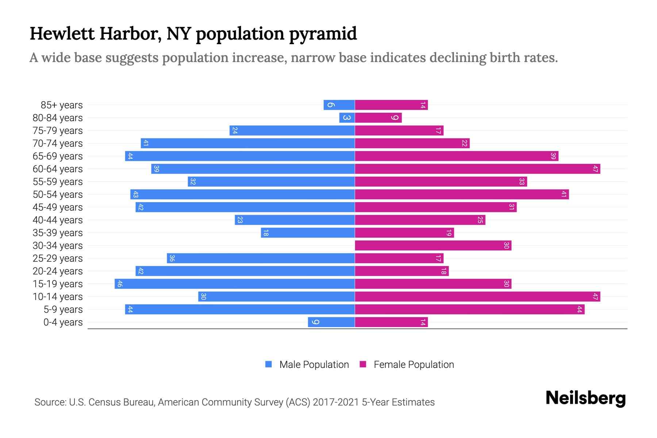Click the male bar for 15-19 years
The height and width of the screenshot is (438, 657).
click(x=235, y=284)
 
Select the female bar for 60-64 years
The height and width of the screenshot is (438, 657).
click(x=477, y=169)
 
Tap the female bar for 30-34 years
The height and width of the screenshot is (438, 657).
click(x=433, y=245)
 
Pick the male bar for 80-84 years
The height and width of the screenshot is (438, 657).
click(x=347, y=118)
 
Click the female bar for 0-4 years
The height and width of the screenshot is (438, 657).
click(x=391, y=322)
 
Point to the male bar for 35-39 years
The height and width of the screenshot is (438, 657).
click(x=308, y=233)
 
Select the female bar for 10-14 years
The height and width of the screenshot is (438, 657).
click(x=477, y=296)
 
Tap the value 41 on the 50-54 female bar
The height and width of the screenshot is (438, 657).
click(x=564, y=194)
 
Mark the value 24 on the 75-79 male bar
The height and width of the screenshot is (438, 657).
click(x=235, y=130)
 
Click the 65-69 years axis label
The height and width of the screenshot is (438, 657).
click(x=58, y=156)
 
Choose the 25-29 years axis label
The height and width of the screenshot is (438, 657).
click(x=58, y=258)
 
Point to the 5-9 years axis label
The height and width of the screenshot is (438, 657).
click(x=63, y=310)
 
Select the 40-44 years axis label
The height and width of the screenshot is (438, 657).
click(x=58, y=220)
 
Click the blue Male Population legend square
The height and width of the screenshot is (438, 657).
click(x=269, y=364)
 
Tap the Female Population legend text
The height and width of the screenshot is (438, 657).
click(x=414, y=364)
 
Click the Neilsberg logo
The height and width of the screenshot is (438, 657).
click(x=585, y=398)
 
